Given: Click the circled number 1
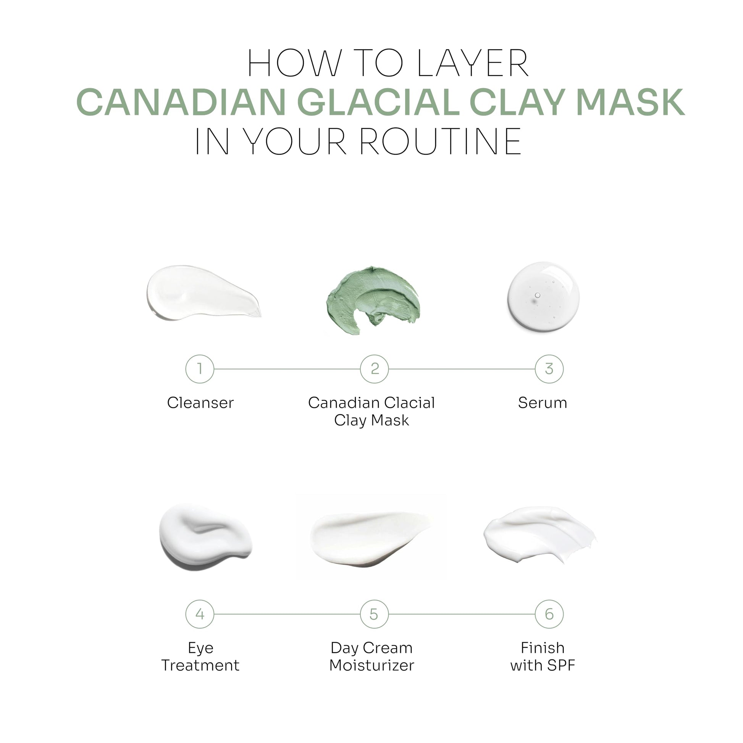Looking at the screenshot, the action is click(x=200, y=369).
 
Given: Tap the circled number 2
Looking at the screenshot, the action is click(x=374, y=369).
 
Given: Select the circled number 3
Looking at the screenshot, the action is click(x=549, y=369).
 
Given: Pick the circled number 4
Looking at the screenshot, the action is click(x=200, y=614).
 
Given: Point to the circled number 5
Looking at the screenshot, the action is click(x=374, y=614).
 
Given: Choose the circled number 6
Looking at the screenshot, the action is click(x=549, y=614).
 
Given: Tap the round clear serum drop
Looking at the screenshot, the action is click(x=543, y=297).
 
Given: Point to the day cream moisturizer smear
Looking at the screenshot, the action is click(x=371, y=539).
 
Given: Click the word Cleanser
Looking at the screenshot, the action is click(x=200, y=403).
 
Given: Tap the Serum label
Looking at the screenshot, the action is click(x=542, y=403).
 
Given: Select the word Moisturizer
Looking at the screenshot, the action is click(x=371, y=665).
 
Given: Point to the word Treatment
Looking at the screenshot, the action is click(x=200, y=665).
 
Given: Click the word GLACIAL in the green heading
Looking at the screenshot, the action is click(x=378, y=102).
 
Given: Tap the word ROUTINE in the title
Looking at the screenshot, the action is click(x=440, y=142).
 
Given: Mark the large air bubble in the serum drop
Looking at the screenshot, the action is click(x=537, y=296).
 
